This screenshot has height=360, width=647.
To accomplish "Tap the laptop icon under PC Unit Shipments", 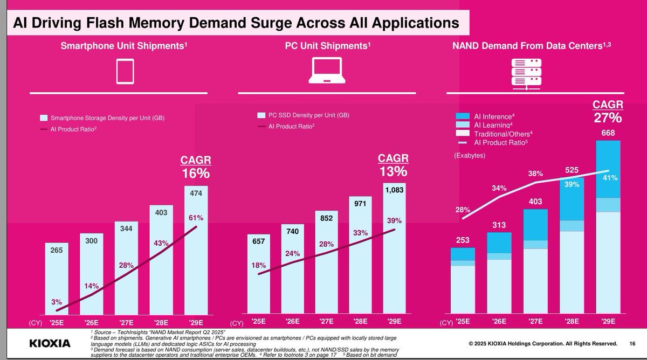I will [327, 72].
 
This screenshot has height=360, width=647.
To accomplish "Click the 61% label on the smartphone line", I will [195, 218].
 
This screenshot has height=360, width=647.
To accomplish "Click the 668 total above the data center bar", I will [608, 133].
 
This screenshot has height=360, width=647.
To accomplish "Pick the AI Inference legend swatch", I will [463, 116].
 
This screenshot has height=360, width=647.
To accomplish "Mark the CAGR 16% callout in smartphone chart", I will [195, 167].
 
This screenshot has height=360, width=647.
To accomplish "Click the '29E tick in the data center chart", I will [609, 322].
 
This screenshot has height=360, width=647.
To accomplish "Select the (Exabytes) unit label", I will [470, 155].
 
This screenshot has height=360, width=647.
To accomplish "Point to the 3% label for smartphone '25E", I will [57, 302].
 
